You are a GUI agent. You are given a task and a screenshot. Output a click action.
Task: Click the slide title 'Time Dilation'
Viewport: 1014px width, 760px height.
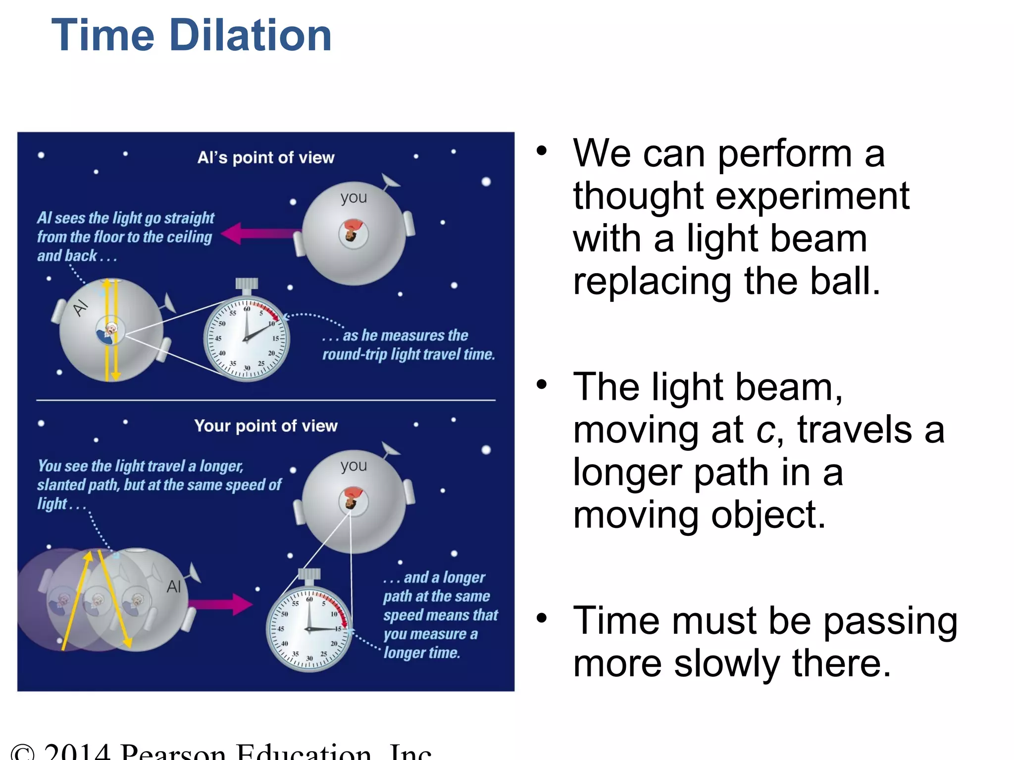[x=191, y=36]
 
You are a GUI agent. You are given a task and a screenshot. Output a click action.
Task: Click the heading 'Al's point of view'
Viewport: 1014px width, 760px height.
[x=266, y=158]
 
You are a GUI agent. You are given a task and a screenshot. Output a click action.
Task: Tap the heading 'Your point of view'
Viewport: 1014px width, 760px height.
[x=266, y=426]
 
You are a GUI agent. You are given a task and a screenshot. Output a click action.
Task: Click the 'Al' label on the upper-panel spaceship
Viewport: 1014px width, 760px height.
[x=80, y=308]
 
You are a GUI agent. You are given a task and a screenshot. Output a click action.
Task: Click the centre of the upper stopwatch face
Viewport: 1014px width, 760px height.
[x=246, y=340]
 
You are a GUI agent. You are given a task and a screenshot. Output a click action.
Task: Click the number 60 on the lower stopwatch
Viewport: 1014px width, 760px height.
[x=309, y=599]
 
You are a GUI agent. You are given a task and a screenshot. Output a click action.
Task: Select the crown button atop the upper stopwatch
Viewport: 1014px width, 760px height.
[x=247, y=284]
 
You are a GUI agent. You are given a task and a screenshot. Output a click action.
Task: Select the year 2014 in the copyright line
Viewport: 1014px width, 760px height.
[x=77, y=752]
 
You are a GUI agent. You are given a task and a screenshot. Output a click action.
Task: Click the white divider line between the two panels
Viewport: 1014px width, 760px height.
[x=266, y=400]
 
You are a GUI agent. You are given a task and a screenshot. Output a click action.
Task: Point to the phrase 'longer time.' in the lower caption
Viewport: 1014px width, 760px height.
[x=422, y=653]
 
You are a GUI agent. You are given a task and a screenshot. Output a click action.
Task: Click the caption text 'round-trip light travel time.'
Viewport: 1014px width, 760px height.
[x=408, y=355]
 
